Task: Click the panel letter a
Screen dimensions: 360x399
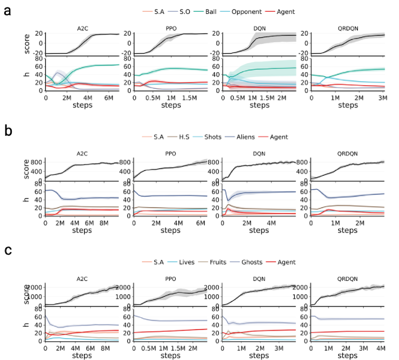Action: [7, 10]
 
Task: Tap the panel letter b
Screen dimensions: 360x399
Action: [7, 131]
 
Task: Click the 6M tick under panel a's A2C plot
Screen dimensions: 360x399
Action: [107, 97]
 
